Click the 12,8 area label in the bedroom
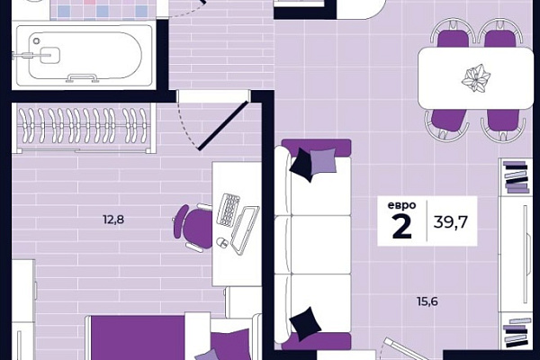coord(113,220)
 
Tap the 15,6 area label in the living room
coord(427,301)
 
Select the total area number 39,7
coord(450,221)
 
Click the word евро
coord(401,205)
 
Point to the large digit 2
coord(402,226)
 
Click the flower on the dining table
coord(476,77)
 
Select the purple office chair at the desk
coord(192,226)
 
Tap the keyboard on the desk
coord(228,210)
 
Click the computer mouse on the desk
coord(221,242)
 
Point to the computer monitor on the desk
coord(245,229)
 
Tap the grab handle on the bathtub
coord(82,78)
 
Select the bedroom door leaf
coord(223,125)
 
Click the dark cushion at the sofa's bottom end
coord(305,324)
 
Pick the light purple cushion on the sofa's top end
coord(323,160)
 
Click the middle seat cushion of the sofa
coord(320,245)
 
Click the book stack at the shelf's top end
coord(516,176)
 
